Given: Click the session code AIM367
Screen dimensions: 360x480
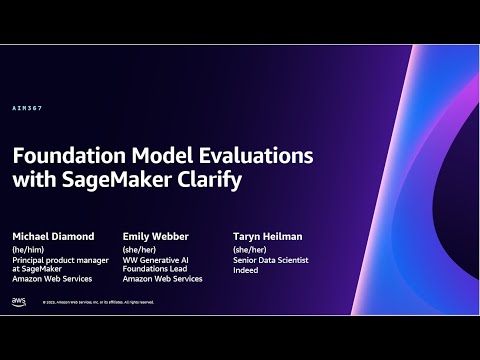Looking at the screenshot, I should [27, 108].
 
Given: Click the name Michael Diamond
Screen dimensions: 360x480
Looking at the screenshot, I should [53, 236].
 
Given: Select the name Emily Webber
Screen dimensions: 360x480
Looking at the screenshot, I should [155, 236].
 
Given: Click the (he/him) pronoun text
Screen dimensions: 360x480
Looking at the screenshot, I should [29, 249].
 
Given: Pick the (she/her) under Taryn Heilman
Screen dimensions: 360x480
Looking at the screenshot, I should [248, 249].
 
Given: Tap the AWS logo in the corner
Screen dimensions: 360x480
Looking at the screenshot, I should [19, 300].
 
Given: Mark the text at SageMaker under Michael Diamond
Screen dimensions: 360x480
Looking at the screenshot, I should [37, 269].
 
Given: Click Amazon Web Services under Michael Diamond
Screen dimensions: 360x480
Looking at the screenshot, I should [54, 279].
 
